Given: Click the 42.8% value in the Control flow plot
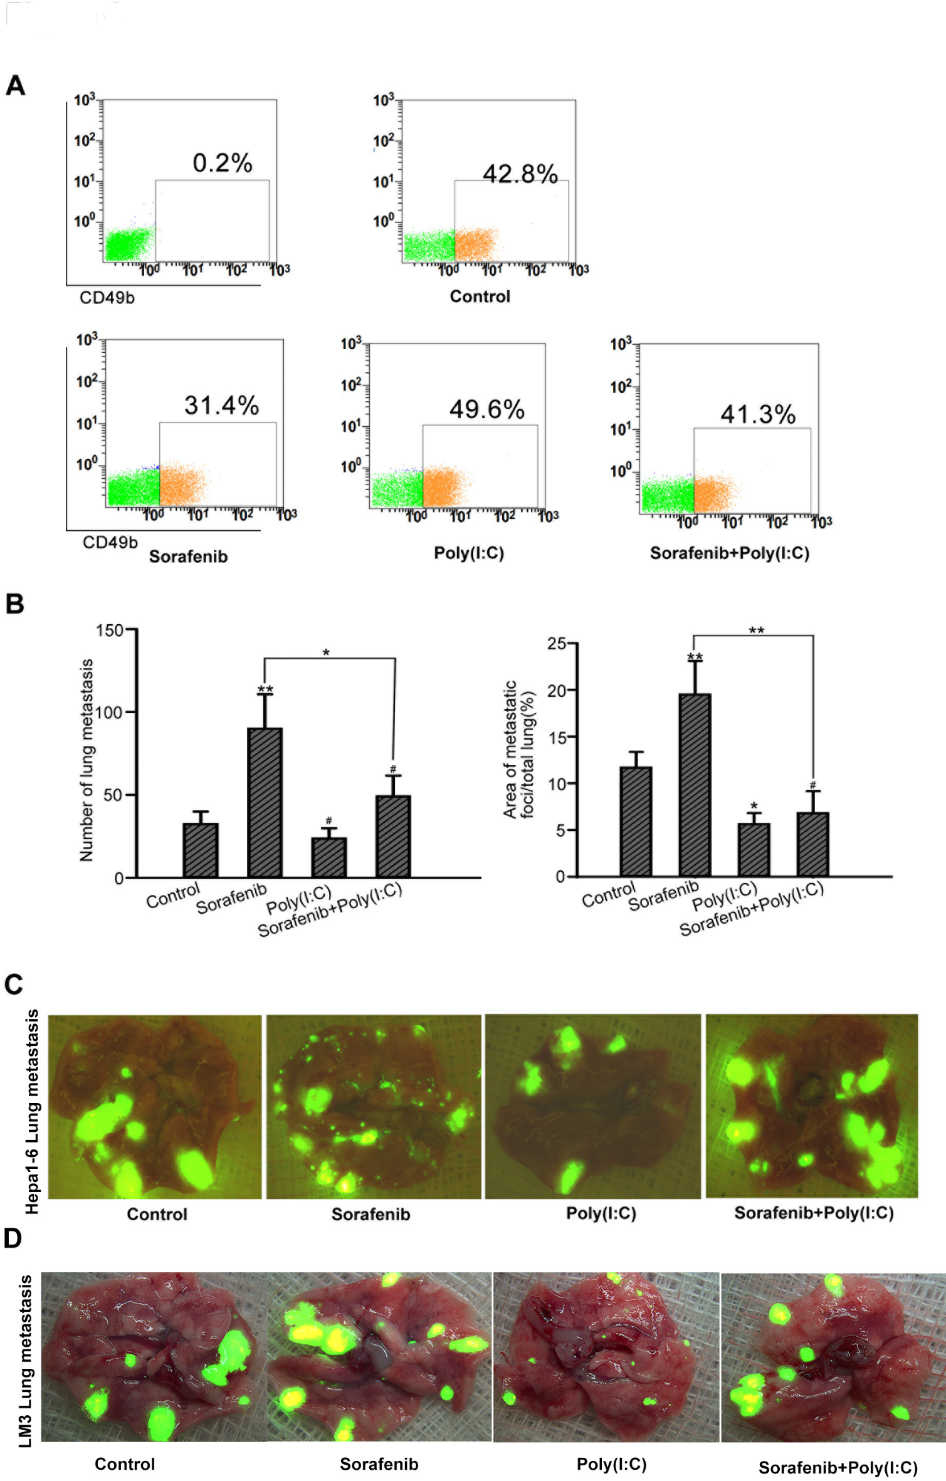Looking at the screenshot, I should coord(520,174).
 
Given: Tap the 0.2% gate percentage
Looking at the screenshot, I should coord(222,163).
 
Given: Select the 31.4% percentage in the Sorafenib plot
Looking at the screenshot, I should coord(221,406).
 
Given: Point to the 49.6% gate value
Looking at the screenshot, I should coord(486,409).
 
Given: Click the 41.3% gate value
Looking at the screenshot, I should coord(758,414).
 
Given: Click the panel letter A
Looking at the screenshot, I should coord(16,85).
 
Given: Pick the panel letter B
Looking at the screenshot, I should coord(14,604).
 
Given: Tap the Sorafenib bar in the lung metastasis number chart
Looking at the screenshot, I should coord(265,802).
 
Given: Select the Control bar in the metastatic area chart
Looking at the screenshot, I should coord(636,821).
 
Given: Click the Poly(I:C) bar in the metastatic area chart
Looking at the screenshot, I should coord(754,849).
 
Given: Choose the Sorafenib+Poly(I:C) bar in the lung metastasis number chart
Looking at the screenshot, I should coord(393,836).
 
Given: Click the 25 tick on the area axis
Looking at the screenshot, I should coord(557,644).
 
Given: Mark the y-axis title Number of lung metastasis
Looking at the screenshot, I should coord(87,760).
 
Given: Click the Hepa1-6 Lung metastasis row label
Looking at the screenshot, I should coord(32,1111).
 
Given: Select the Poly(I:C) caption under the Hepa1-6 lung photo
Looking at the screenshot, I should coord(601,1213).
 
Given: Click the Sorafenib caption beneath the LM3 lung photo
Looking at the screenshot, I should coord(379,1464).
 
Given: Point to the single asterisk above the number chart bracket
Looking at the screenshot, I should coord(326,653).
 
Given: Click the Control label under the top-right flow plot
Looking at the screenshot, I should coord(480,296).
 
